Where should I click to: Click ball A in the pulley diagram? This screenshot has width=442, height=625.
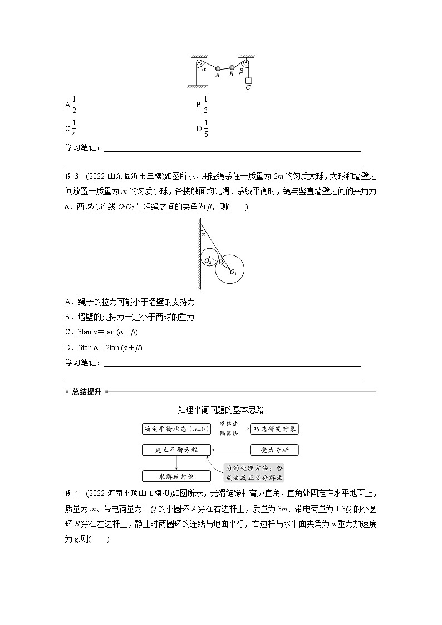click(x=218, y=68)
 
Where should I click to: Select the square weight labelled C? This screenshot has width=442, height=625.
click(x=248, y=81)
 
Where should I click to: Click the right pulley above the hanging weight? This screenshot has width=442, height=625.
click(x=245, y=62)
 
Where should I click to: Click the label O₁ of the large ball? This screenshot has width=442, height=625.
click(x=233, y=272)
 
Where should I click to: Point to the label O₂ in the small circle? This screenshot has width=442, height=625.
click(x=207, y=260)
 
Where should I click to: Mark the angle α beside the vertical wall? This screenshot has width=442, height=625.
click(x=203, y=234)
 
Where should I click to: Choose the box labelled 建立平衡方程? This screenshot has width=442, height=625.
click(x=176, y=450)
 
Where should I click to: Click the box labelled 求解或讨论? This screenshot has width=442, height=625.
click(x=176, y=476)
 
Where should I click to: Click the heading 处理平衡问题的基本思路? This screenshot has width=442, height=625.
click(x=220, y=410)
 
